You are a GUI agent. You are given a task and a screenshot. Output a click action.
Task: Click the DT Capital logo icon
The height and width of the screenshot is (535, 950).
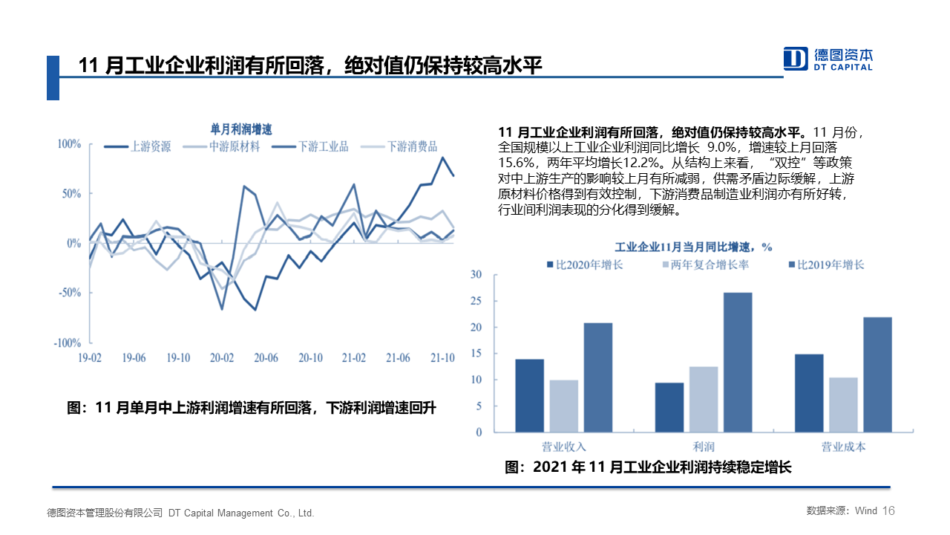click(796, 58)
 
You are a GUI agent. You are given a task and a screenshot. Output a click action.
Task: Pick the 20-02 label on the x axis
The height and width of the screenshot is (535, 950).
click(221, 357)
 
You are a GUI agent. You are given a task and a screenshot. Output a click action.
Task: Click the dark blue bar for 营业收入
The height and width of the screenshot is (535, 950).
click(530, 395)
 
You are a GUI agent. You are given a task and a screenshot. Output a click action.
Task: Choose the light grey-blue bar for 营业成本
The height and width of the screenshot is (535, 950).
click(842, 404)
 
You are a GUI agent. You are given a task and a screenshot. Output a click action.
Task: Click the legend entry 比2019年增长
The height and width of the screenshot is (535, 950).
click(831, 265)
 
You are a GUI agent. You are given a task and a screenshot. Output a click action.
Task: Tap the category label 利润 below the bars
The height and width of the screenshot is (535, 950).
click(704, 447)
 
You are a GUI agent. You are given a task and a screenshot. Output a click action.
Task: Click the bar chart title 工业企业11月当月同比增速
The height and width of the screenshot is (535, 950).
click(693, 246)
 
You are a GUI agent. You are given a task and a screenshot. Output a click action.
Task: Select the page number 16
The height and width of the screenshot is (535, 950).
click(889, 511)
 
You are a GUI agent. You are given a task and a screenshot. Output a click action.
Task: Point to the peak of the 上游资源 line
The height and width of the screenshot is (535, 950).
click(443, 158)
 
